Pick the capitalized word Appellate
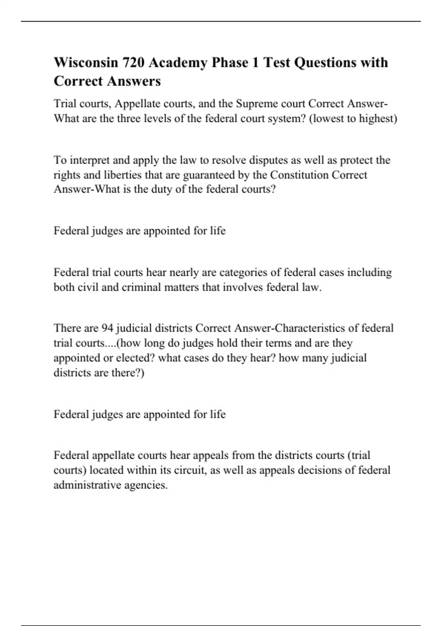tap(137, 104)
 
